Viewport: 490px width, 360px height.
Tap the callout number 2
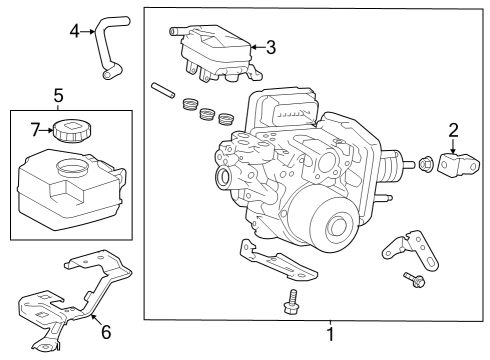(x=453, y=129)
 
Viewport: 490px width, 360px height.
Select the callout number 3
(x=270, y=46)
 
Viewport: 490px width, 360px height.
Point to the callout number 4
(x=74, y=32)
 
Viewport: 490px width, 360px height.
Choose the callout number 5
(x=58, y=96)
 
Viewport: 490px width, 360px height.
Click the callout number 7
(x=34, y=129)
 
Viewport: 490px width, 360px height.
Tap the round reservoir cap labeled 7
(x=73, y=130)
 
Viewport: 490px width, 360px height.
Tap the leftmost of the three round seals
(x=188, y=104)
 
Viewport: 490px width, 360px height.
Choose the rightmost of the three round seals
(x=227, y=118)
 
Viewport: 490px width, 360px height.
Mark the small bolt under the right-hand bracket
(x=414, y=279)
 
